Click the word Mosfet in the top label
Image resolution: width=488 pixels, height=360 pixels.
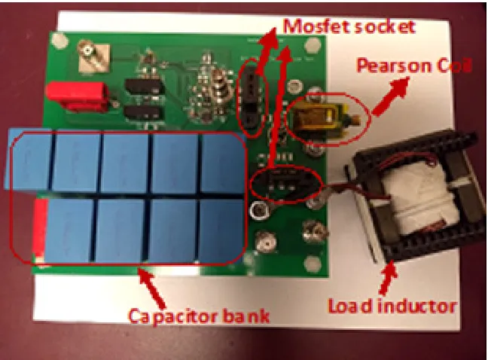314,26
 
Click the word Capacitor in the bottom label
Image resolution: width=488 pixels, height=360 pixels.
172,317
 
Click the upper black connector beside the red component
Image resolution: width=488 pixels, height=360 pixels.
144,86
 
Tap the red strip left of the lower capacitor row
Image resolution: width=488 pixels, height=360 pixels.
40,229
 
